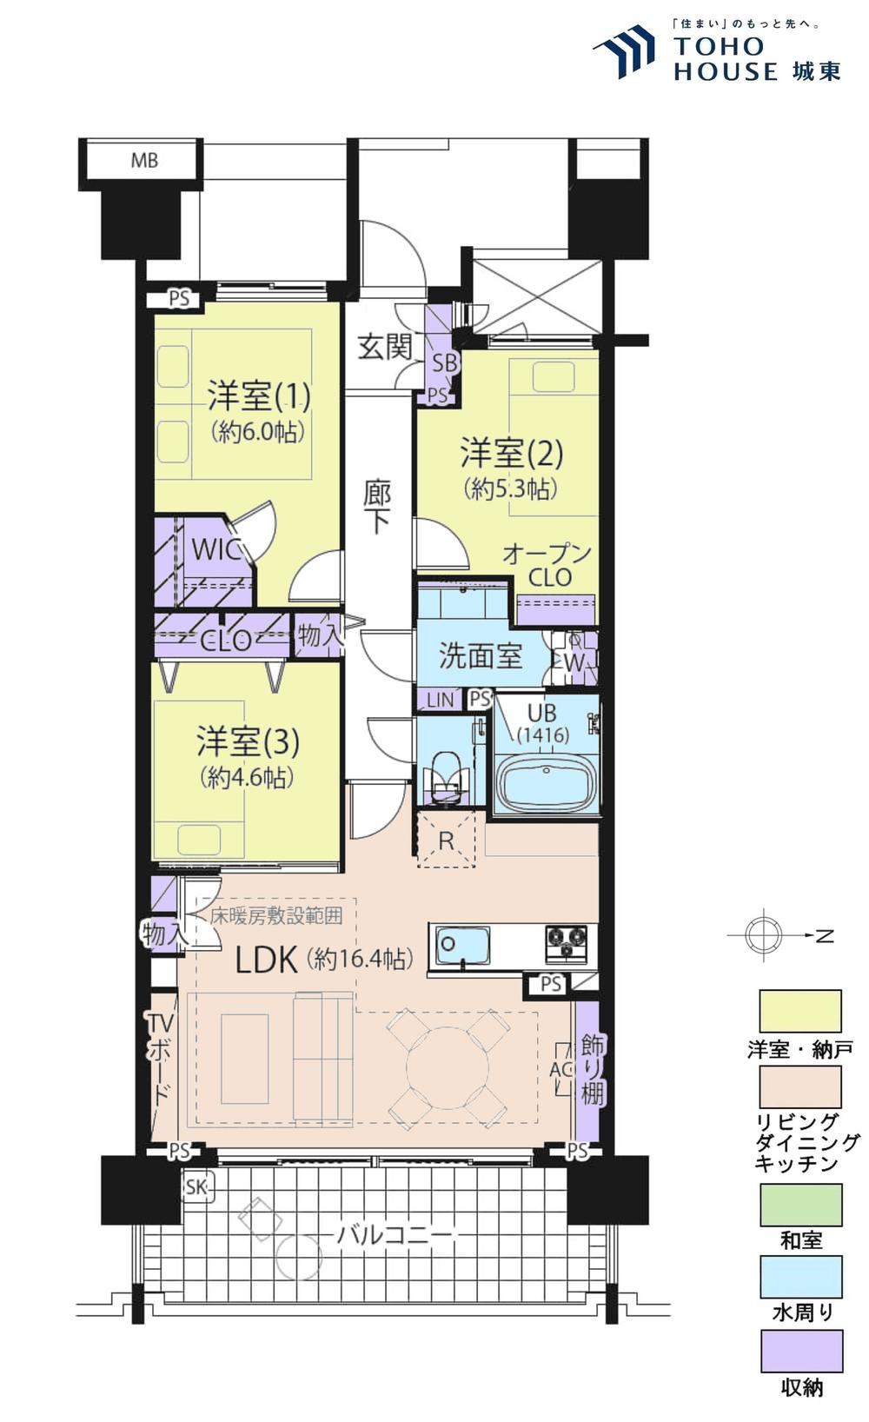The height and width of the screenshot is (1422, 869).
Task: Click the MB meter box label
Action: [144, 161]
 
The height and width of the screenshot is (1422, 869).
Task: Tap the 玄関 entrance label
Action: [385, 348]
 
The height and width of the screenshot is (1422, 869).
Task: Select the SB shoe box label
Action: [444, 362]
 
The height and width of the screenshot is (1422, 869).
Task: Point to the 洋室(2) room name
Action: [512, 453]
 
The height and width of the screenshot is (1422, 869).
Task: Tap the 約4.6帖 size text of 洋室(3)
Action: [246, 777]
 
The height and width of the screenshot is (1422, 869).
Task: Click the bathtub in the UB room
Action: [547, 781]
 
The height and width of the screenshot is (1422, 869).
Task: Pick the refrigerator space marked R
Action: [447, 840]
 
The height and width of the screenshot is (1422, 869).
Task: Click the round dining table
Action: [448, 1067]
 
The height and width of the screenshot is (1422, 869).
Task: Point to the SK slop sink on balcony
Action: [197, 1186]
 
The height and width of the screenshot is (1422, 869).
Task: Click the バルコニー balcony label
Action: [395, 1235]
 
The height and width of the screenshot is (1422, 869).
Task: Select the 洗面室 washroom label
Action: [481, 655]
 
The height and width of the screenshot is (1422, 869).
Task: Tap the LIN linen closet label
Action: [440, 700]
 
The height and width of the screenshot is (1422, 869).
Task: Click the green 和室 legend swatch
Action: [802, 1204]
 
